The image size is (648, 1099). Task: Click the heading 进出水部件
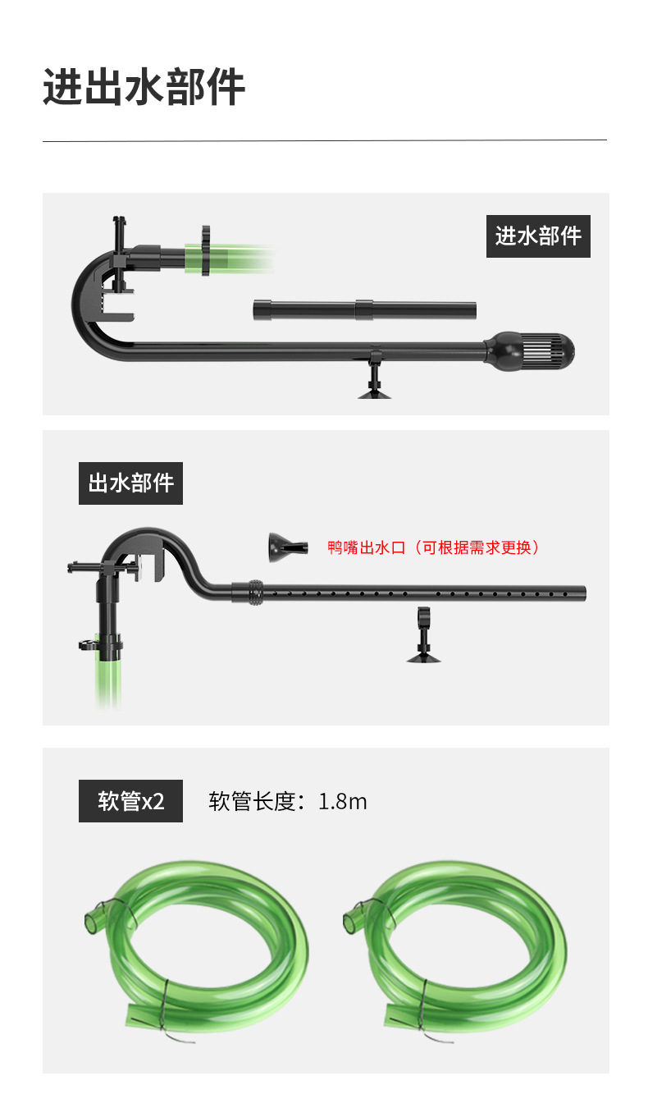(144, 87)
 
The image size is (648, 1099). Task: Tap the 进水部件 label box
(538, 236)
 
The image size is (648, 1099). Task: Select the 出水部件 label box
(130, 483)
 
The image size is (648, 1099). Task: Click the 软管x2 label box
(130, 801)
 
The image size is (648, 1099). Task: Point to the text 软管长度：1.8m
(288, 801)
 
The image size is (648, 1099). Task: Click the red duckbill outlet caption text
(434, 547)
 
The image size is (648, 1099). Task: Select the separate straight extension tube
(364, 310)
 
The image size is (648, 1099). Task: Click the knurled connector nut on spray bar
(253, 593)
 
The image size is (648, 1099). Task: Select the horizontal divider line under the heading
(324, 140)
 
